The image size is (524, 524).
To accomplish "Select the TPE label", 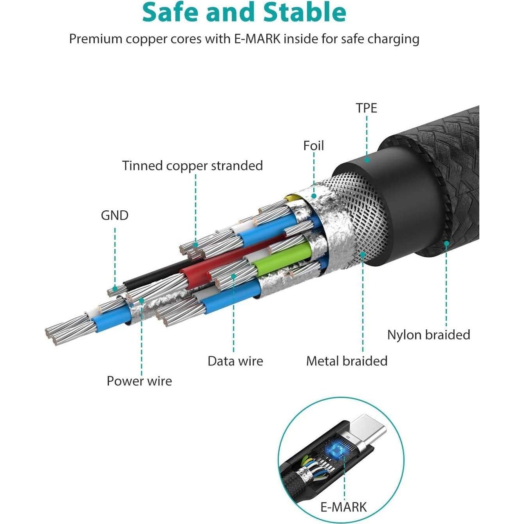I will coord(366,108).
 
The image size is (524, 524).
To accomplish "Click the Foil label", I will coord(313,146).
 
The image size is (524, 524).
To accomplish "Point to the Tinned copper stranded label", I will coord(192,166).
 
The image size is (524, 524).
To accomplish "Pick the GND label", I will coord(114,215).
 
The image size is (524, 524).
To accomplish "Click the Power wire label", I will coord(139,381).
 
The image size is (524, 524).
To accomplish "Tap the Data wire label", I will coord(235,361).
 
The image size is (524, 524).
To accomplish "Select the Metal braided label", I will coord(347,361).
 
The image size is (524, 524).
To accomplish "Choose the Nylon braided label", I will coord(428,335).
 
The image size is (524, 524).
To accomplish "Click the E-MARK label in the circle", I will coord(343,507).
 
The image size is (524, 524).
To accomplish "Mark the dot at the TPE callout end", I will coord(367,159).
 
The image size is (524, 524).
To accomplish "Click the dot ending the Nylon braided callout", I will coord(446,244).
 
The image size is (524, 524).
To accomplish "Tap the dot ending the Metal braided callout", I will coord(363,254).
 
